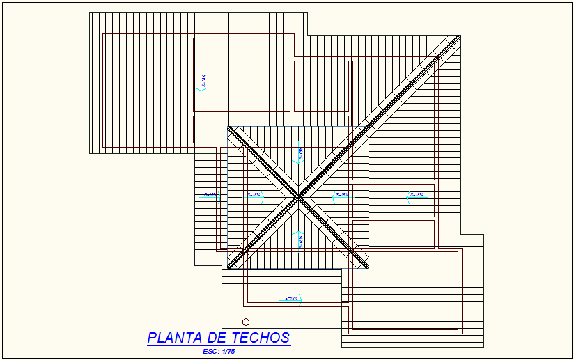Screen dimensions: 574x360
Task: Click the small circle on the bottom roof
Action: (x=245, y=322)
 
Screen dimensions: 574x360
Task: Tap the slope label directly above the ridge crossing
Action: (x=300, y=154)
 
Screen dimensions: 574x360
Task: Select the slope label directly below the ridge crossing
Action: (x=300, y=241)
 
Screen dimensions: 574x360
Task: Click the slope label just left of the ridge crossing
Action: (x=254, y=195)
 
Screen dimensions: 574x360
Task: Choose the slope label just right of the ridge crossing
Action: (x=341, y=195)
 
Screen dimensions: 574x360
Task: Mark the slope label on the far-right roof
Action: (x=416, y=195)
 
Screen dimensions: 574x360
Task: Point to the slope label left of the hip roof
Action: (x=210, y=195)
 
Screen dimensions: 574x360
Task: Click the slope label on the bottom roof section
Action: (x=292, y=299)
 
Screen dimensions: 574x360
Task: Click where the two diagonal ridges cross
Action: (x=299, y=197)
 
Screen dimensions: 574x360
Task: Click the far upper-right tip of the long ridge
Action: (x=459, y=36)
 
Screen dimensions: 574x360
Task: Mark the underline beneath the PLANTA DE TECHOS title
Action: (x=218, y=345)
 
